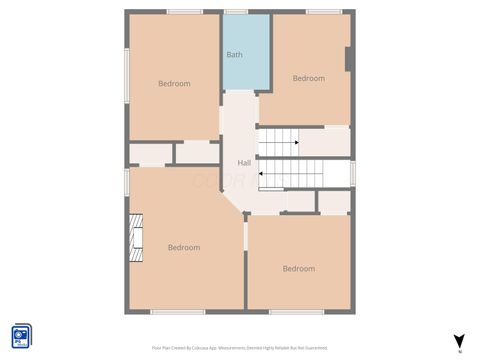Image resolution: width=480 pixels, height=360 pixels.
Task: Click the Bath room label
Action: (234, 54)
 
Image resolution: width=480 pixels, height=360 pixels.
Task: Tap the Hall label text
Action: (244, 163)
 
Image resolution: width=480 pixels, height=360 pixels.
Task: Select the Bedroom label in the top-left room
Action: (174, 83)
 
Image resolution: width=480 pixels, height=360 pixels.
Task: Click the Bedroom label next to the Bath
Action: (308, 78)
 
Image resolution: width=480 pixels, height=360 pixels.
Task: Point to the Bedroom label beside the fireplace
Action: (183, 247)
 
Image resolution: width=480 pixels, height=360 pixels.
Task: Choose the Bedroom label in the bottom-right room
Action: (298, 268)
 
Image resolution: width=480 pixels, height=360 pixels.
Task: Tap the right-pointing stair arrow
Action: (296, 143)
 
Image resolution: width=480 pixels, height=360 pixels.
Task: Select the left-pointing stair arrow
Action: (262, 174)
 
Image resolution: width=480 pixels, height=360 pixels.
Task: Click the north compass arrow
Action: (459, 341)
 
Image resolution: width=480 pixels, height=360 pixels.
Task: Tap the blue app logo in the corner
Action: (21, 335)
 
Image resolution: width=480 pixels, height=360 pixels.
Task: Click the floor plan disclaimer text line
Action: (239, 347)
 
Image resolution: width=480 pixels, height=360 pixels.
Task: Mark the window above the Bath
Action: (236, 12)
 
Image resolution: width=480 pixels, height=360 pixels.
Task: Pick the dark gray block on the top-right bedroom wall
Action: (348, 59)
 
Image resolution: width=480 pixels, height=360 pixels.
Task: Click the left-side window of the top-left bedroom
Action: (126, 75)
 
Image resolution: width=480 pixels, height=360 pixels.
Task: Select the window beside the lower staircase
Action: (353, 173)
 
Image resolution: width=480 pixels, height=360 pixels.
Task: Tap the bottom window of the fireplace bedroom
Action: (178, 312)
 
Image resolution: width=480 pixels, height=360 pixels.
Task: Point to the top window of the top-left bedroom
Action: (185, 12)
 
